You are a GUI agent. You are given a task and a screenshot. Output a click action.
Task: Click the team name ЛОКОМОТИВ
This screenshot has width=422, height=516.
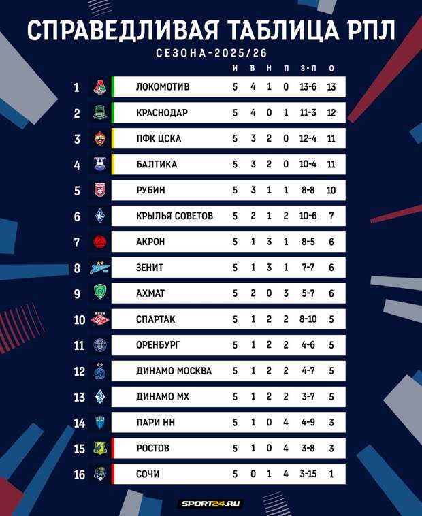pyautogui.click(x=163, y=87)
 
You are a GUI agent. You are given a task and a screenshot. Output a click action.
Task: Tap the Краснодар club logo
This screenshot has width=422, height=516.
pyautogui.click(x=99, y=112)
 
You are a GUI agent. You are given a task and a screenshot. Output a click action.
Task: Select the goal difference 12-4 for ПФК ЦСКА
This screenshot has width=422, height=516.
pyautogui.click(x=308, y=138)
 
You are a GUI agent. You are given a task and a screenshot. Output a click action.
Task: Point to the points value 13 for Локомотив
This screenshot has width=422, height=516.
pyautogui.click(x=331, y=87)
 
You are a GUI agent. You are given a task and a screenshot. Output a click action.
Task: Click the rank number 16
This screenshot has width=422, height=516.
pyautogui.click(x=80, y=474)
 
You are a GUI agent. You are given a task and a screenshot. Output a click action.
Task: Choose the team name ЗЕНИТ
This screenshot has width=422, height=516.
pyautogui.click(x=150, y=268)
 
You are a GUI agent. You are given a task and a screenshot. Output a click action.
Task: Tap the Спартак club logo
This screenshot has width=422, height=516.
pyautogui.click(x=99, y=319)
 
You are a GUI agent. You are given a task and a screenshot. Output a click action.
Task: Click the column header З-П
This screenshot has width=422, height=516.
pyautogui.click(x=308, y=68)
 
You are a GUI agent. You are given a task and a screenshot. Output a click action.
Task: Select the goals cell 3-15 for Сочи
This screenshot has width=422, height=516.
pyautogui.click(x=308, y=474)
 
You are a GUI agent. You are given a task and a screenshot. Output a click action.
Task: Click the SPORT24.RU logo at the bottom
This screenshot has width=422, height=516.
pyautogui.click(x=210, y=504)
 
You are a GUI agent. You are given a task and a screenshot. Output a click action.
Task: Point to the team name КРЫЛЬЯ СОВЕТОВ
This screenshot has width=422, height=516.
pyautogui.click(x=174, y=216)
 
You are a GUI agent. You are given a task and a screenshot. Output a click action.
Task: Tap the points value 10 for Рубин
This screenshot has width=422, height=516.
pyautogui.click(x=331, y=190)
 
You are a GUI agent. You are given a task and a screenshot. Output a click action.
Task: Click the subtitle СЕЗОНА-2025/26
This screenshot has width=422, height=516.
pyautogui.click(x=210, y=52)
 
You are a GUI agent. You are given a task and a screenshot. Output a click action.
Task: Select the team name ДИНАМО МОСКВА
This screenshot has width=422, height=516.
pyautogui.click(x=174, y=371)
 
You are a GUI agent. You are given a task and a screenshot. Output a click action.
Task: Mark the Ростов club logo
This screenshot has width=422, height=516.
pyautogui.click(x=99, y=449)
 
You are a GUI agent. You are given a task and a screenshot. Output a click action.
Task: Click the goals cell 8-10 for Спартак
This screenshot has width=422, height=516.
pyautogui.click(x=308, y=319)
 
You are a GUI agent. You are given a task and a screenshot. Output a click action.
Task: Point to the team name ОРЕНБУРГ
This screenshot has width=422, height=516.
pyautogui.click(x=158, y=345)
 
